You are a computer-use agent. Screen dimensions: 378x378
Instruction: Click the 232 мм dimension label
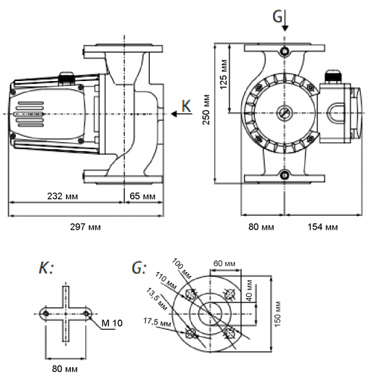[x=63, y=196]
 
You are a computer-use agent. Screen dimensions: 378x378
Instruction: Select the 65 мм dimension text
[x=143, y=196]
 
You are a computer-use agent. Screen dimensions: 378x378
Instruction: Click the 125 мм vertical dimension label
[x=224, y=74]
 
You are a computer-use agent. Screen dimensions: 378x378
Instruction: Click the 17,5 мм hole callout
[x=155, y=322]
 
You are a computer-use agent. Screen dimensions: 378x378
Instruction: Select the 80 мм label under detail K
[x=66, y=369]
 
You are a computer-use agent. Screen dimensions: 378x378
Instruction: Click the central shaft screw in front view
[x=284, y=112]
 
